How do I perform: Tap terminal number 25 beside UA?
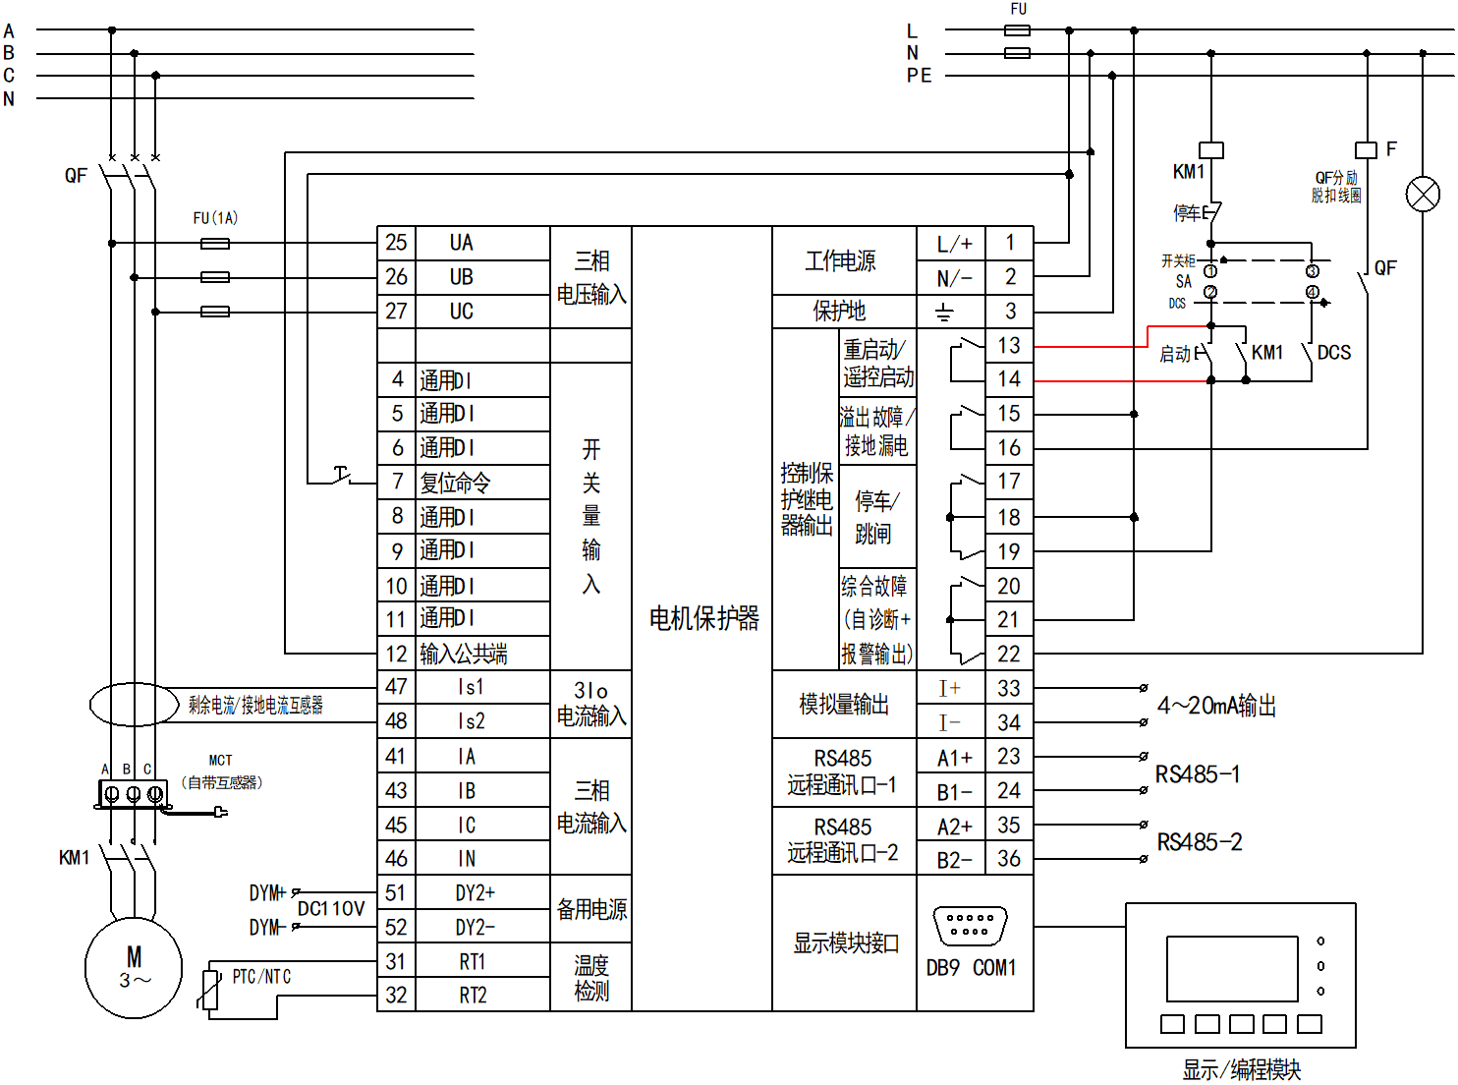pyautogui.click(x=396, y=243)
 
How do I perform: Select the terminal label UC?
pyautogui.click(x=462, y=312)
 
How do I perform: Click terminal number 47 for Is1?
pyautogui.click(x=396, y=687)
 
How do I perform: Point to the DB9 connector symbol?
pyautogui.click(x=970, y=926)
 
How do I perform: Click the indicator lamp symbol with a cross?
pyautogui.click(x=1423, y=194)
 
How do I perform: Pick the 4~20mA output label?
pyautogui.click(x=1216, y=706)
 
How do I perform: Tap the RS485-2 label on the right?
pyautogui.click(x=1199, y=842)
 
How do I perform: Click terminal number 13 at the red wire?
pyautogui.click(x=1009, y=346)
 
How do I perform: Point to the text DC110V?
pyautogui.click(x=331, y=909)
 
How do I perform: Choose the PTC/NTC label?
pyautogui.click(x=261, y=977)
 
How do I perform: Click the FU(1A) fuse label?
pyautogui.click(x=215, y=218)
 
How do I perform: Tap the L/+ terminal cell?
pyautogui.click(x=953, y=244)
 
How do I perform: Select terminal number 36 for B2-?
pyautogui.click(x=1009, y=859)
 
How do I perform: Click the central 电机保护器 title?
pyautogui.click(x=703, y=618)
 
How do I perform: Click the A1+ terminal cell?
pyautogui.click(x=953, y=758)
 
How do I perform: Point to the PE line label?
pyautogui.click(x=919, y=76)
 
